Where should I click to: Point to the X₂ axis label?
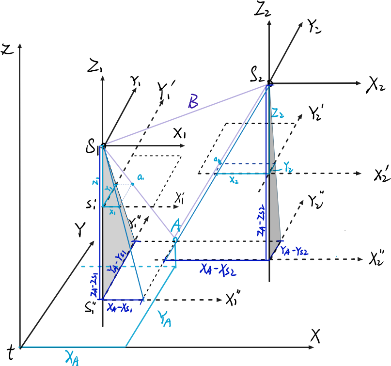[375, 85]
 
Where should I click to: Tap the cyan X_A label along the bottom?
[72, 357]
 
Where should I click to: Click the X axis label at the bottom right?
[315, 334]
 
